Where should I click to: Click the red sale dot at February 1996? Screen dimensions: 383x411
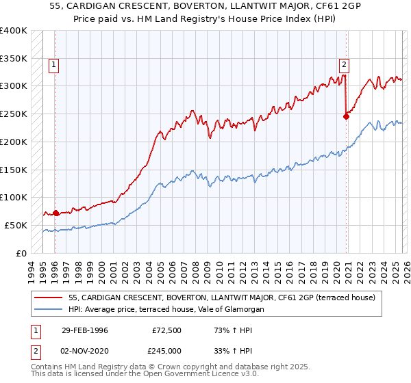coord(55,212)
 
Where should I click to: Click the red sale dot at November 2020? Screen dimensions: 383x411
coord(346,116)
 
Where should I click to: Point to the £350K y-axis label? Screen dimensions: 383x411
coord(13,58)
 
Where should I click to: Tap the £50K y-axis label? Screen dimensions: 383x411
coord(15,225)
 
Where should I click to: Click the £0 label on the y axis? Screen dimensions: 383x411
coord(21,253)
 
